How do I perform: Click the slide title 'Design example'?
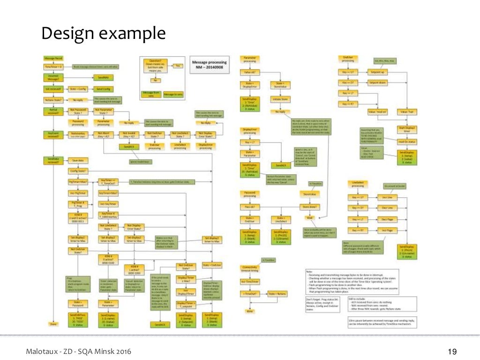point(103,34)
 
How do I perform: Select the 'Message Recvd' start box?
point(53,58)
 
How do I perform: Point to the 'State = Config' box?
point(79,89)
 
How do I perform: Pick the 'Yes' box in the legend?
point(178,66)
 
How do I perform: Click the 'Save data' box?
point(78,160)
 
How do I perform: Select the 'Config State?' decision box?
point(78,171)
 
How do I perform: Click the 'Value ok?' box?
point(248,73)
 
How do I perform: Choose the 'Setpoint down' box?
point(378,82)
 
